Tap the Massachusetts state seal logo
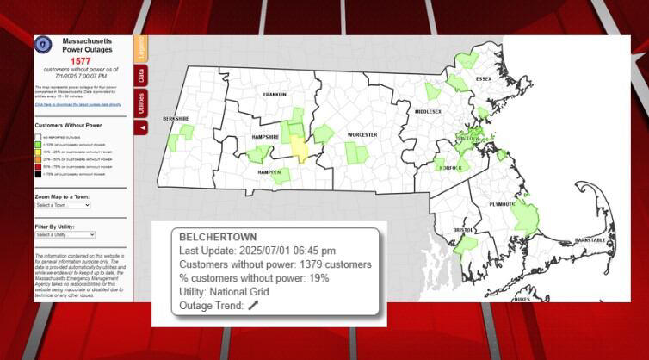tap(43, 46)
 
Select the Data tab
tap(140, 76)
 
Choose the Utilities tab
tap(140, 103)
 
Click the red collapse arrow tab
tap(140, 127)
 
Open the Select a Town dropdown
tap(63, 205)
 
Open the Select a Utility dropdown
tap(65, 234)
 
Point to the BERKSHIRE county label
tap(176, 118)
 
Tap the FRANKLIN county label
tap(275, 95)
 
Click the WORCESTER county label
tap(362, 135)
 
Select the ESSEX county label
tap(483, 79)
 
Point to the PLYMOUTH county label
tap(503, 204)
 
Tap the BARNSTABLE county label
tap(590, 239)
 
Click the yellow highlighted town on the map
tap(299, 148)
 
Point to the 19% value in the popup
tap(319, 277)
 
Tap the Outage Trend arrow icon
tap(253, 306)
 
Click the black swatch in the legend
tap(38, 175)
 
